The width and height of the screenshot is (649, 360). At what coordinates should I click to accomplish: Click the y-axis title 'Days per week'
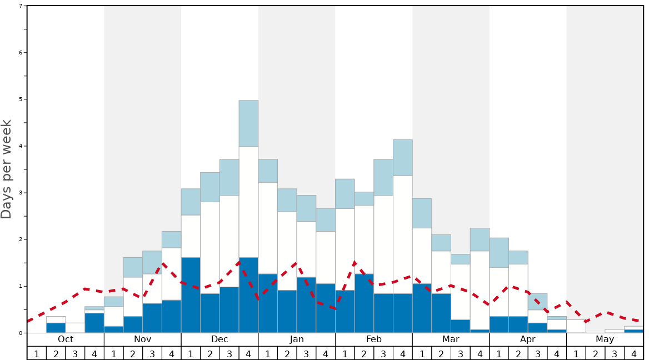7,169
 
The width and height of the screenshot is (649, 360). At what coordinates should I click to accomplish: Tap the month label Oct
66,339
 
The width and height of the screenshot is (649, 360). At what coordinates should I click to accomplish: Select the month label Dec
219,339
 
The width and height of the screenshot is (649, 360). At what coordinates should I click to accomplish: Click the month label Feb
374,339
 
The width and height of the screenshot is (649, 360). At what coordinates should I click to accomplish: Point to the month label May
605,339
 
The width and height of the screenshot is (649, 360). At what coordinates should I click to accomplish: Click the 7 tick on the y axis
21,6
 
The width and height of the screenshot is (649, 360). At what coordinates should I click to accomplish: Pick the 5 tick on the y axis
21,99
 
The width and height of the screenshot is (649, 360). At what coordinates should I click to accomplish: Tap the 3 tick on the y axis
21,193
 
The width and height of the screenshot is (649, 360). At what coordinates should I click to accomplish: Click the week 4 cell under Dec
248,353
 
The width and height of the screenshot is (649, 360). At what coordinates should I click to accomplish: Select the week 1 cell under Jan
268,353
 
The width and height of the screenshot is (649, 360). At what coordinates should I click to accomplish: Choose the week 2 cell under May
595,353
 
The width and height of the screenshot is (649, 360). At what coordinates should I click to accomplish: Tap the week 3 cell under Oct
75,353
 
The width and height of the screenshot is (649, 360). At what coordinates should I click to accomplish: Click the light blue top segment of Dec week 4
248,123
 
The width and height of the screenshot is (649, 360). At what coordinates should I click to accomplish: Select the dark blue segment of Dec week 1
191,295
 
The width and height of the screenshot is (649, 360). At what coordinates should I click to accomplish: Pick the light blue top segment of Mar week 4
480,239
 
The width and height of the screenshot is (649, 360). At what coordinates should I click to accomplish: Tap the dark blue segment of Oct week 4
94,323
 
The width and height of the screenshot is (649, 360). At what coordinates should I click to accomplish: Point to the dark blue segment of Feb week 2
364,303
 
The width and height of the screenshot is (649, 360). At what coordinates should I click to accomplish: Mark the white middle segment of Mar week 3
460,292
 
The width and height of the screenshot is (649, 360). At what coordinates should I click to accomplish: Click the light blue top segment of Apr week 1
499,253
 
